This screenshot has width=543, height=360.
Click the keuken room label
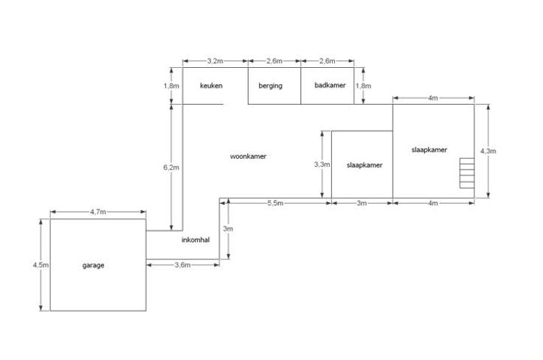(x=211, y=86)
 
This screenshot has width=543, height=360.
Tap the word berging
(x=270, y=86)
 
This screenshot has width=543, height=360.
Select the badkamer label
(x=329, y=86)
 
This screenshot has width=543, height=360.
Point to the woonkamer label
(x=247, y=156)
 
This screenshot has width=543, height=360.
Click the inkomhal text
(x=195, y=240)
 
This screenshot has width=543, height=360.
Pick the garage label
(x=93, y=266)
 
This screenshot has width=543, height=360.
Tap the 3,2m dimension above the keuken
(x=215, y=60)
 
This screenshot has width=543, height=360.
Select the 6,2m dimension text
(x=170, y=167)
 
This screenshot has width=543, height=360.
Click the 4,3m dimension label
(x=488, y=151)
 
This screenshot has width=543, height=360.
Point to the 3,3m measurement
(x=322, y=165)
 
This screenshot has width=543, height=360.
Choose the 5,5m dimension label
(x=275, y=204)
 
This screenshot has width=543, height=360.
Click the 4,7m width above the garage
(x=97, y=212)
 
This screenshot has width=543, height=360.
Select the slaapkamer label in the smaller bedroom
(x=364, y=165)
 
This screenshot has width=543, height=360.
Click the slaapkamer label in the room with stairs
(x=429, y=150)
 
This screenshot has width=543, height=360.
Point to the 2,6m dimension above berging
(x=274, y=60)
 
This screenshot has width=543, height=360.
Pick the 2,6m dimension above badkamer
(x=327, y=60)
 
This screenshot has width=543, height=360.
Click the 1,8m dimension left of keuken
(x=170, y=86)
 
